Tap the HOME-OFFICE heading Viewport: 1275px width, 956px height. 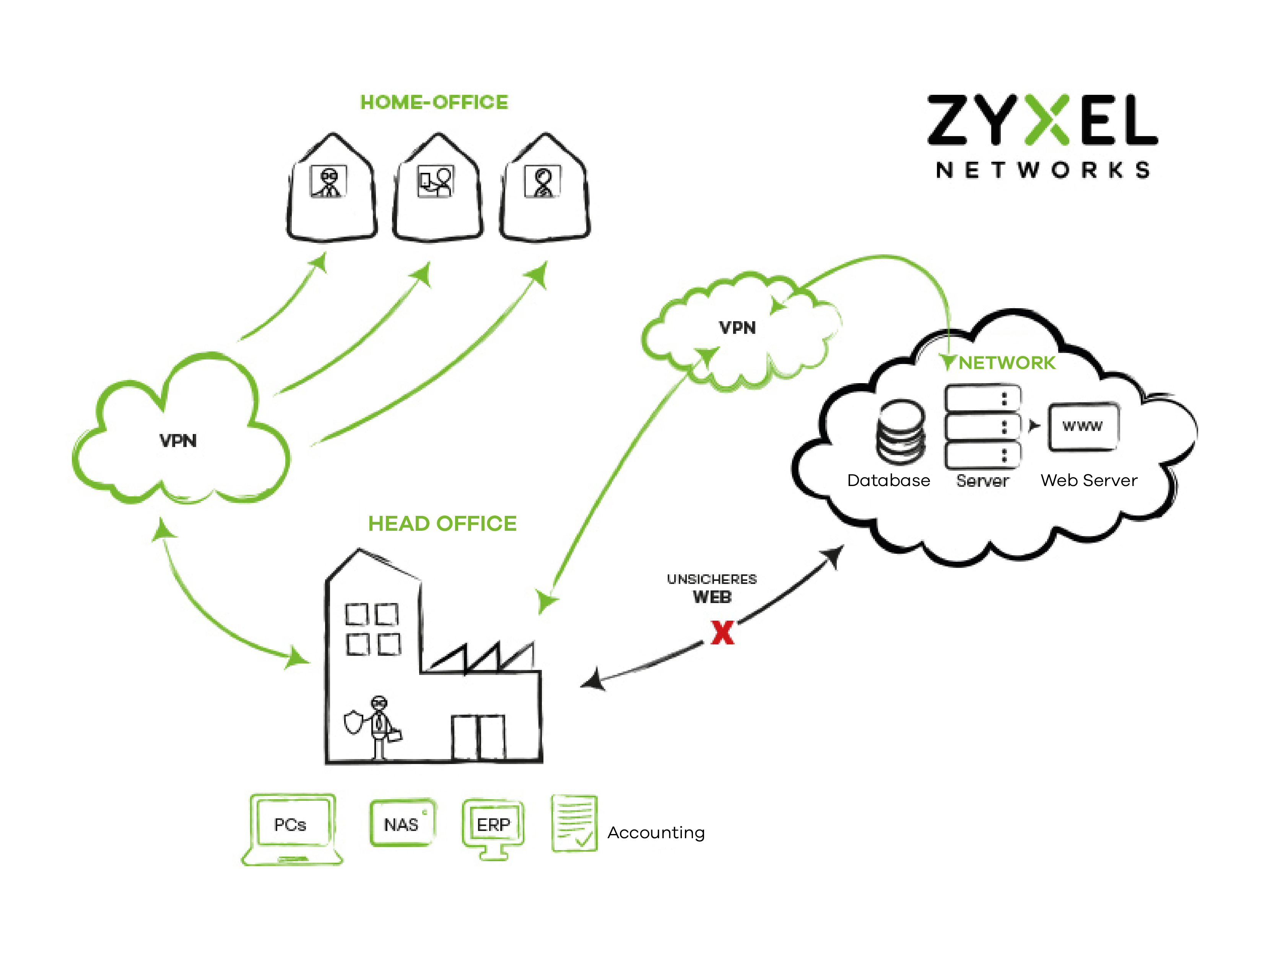pos(434,102)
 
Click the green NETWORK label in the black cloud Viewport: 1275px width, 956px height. pos(1007,363)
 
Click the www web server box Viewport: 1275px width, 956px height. pos(1083,426)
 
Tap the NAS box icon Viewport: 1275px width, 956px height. pos(402,823)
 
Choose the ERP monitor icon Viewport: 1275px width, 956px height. pos(493,828)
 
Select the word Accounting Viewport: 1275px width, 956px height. pos(656,833)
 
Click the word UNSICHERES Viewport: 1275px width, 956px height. pos(712,579)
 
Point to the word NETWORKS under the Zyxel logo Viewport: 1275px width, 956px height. pos(1043,170)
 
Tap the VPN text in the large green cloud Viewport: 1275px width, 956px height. pos(178,441)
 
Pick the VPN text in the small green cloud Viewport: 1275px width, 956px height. pos(737,328)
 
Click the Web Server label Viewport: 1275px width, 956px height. pos(1089,481)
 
